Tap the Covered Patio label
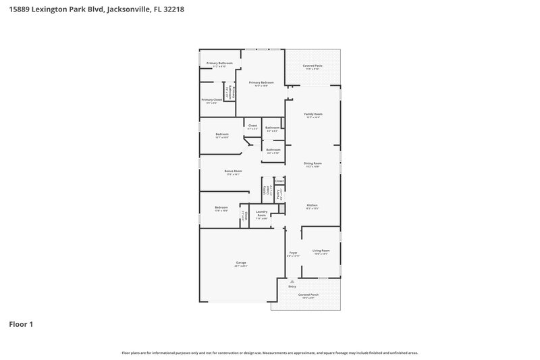313,66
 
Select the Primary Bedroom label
261,82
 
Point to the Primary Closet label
212,100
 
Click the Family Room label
313,114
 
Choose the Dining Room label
313,163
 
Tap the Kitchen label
313,205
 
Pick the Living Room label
321,251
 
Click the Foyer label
293,253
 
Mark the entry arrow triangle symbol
292,281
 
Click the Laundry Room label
261,214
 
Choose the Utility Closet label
265,190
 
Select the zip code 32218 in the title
171,10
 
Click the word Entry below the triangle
292,287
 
